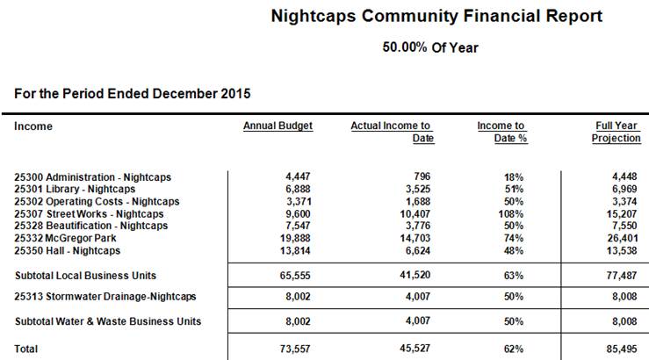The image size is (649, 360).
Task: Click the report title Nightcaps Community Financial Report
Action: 436,17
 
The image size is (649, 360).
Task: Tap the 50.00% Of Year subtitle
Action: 430,47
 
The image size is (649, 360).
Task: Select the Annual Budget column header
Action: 278,126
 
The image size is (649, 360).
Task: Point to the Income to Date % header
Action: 501,132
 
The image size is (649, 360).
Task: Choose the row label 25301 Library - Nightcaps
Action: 76,189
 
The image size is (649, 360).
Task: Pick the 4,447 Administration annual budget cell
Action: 298,176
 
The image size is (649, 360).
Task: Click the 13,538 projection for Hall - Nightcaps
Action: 624,251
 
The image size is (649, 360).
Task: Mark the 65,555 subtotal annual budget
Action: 295,276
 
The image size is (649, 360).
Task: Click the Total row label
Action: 26,349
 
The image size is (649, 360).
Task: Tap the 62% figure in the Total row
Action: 514,349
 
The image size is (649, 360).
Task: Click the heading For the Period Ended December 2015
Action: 133,93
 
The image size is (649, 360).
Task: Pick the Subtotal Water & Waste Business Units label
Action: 108,321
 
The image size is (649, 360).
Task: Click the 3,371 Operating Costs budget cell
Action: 298,201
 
